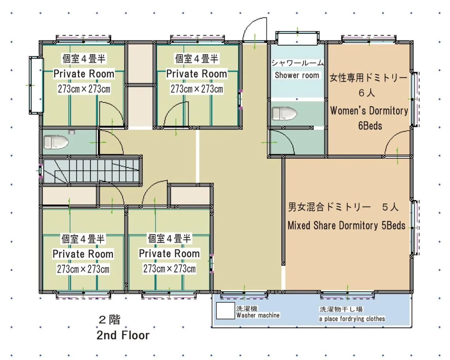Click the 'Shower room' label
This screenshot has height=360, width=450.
tap(297, 75)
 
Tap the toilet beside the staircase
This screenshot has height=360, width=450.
tap(56, 142)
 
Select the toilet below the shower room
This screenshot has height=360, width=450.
tap(284, 114)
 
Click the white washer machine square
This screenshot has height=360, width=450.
tap(225, 311)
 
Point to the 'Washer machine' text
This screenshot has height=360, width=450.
tap(258, 315)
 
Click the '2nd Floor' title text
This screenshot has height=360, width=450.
tap(123, 335)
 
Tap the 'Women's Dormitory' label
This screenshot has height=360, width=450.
tap(369, 110)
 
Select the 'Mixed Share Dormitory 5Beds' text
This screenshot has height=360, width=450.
tap(346, 226)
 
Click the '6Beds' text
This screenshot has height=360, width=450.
tap(370, 126)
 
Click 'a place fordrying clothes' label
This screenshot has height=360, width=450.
tap(352, 319)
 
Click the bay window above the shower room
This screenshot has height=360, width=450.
tap(297, 38)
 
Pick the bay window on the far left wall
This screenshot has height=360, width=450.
tap(36, 85)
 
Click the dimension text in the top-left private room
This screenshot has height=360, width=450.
tap(84, 89)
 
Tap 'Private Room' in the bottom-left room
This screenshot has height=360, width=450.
tap(83, 254)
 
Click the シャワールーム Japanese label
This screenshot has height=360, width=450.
tap(297, 63)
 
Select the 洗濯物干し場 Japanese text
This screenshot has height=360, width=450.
tap(341, 309)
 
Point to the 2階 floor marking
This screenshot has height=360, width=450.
tap(109, 320)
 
